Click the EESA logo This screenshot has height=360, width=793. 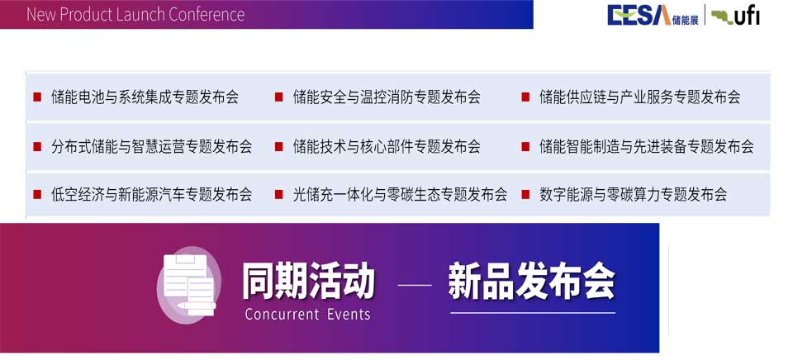click(639, 15)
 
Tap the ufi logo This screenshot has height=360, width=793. click(735, 17)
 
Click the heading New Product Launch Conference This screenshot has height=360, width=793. click(135, 14)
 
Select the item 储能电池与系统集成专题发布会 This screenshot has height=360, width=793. click(145, 97)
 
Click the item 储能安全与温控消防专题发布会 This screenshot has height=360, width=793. click(387, 97)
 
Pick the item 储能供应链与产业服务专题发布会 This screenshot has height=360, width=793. click(639, 97)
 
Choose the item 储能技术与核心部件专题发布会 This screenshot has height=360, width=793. click(387, 147)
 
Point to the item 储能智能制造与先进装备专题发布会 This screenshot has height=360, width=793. click(646, 147)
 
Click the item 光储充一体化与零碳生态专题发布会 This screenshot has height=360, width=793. click(400, 194)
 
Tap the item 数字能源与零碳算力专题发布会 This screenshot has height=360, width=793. click(634, 194)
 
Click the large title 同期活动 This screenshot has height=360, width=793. click(308, 281)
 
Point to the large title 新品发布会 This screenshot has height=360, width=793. click(531, 281)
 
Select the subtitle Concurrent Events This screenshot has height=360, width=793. click(307, 314)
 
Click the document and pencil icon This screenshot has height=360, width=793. click(188, 284)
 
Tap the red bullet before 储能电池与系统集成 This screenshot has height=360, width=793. click(37, 97)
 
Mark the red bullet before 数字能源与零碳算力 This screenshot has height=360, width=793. click(525, 194)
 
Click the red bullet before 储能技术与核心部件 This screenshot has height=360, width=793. click(278, 147)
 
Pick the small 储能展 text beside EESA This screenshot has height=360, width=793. click(686, 20)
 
